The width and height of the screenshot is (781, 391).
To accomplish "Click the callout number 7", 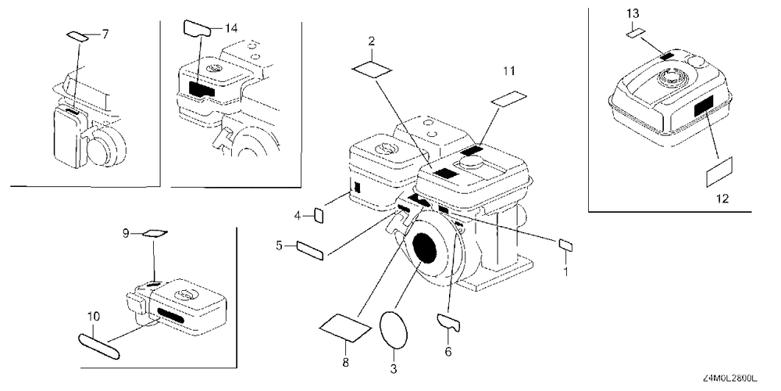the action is tap(105, 34).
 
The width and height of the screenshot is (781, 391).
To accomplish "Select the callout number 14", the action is tap(230, 28).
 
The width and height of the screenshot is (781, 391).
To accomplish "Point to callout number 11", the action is tap(508, 72).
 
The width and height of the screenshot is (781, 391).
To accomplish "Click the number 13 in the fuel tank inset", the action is tap(633, 13).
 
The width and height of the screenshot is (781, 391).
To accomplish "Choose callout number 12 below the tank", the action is tap(722, 199).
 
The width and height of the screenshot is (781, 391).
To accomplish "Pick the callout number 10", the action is tap(95, 316).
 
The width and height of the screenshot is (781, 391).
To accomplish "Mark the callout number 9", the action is tap(126, 232).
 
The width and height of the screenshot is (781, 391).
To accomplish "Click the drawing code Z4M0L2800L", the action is tap(733, 380).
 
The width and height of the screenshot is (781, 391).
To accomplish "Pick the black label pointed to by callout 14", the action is tap(202, 89).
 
